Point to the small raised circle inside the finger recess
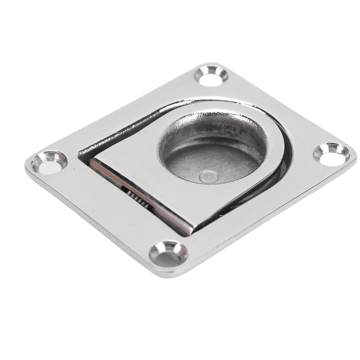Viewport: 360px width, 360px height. (x=208, y=176)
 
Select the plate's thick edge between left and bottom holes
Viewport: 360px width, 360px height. (x=90, y=225)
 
